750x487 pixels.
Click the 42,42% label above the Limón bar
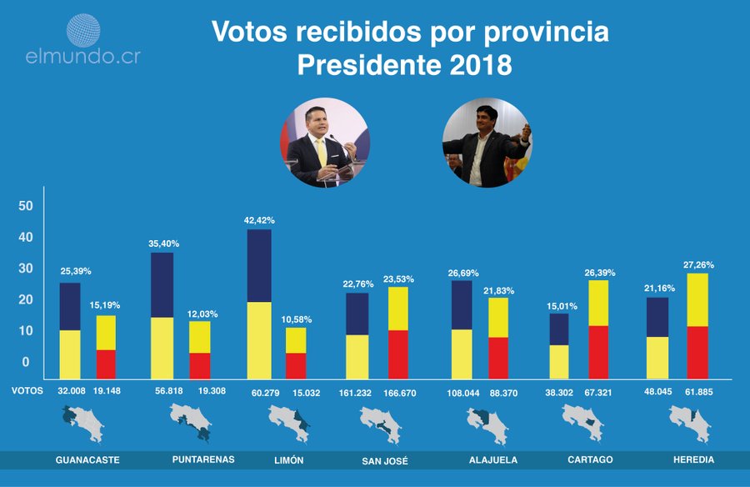click(x=259, y=221)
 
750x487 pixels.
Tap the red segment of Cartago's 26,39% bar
click(x=598, y=352)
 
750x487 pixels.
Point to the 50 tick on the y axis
click(x=26, y=206)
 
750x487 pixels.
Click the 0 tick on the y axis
click(x=26, y=362)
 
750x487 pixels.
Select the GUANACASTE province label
click(x=87, y=459)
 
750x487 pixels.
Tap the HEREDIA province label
click(x=693, y=459)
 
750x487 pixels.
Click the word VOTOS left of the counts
click(x=28, y=389)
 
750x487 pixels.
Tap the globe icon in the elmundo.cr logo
click(x=82, y=31)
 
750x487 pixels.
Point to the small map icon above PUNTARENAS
click(x=191, y=422)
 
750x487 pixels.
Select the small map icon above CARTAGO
click(x=582, y=422)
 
